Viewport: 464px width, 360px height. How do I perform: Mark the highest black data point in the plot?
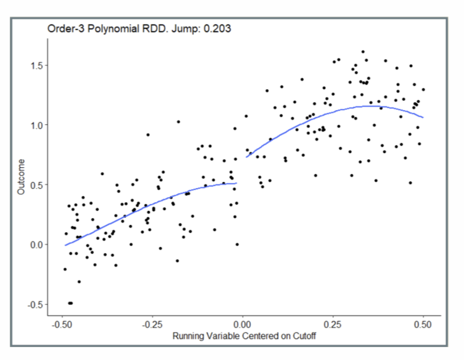363,52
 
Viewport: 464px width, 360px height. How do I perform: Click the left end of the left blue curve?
65,245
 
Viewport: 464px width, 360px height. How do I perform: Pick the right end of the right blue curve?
423,117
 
